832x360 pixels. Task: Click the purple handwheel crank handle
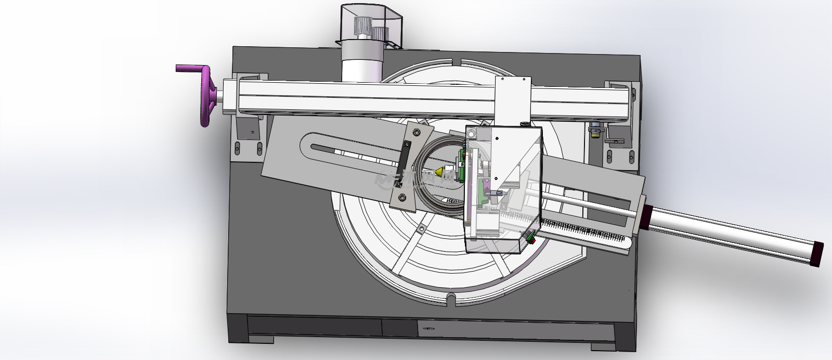pyautogui.click(x=190, y=69)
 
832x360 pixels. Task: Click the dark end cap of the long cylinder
pyautogui.click(x=817, y=254)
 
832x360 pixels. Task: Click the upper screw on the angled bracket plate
pyautogui.click(x=415, y=133)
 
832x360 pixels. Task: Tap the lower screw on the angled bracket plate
pyautogui.click(x=401, y=197)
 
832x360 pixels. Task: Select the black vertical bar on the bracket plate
pyautogui.click(x=404, y=164)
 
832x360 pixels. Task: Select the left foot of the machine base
pyautogui.click(x=261, y=340)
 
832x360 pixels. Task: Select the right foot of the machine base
pyautogui.click(x=603, y=346)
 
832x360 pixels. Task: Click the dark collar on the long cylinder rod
pyautogui.click(x=649, y=215)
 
